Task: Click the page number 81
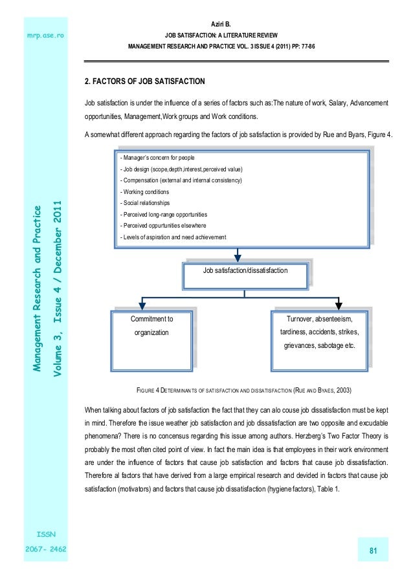(x=373, y=550)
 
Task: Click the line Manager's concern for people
(x=157, y=158)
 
